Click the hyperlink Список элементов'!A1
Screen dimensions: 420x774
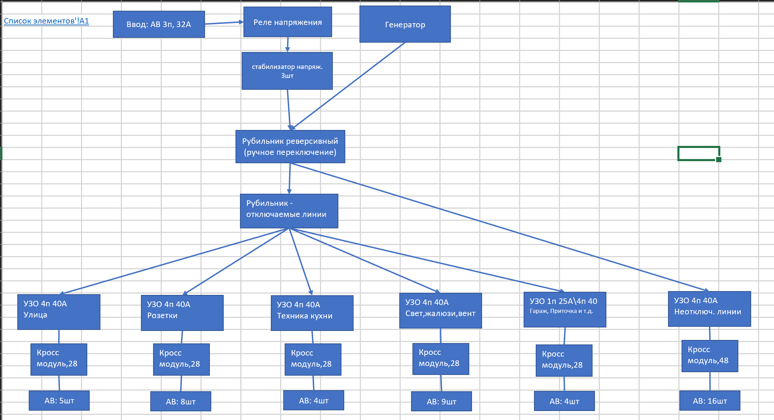pyautogui.click(x=46, y=21)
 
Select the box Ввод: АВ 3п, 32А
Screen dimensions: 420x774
pyautogui.click(x=159, y=24)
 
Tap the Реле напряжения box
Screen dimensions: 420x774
pyautogui.click(x=287, y=22)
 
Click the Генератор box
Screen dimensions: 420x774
pyautogui.click(x=405, y=25)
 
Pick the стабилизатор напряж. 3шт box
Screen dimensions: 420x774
pyautogui.click(x=287, y=71)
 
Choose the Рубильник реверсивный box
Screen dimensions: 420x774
pyautogui.click(x=290, y=147)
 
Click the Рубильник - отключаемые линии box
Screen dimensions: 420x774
pyautogui.click(x=289, y=211)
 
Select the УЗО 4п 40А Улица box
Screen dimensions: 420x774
pyautogui.click(x=59, y=312)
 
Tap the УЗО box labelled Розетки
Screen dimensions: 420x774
pyautogui.click(x=182, y=313)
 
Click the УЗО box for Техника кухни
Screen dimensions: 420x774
pyautogui.click(x=312, y=313)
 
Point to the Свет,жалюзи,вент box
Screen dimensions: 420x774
pyautogui.click(x=441, y=311)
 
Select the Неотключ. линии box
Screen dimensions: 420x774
pyautogui.click(x=709, y=309)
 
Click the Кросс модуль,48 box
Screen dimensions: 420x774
pyautogui.click(x=710, y=356)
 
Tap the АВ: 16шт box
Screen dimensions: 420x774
pyautogui.click(x=710, y=401)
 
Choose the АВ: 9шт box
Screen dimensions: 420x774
pyautogui.click(x=441, y=402)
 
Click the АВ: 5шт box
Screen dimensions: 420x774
pyautogui.click(x=59, y=401)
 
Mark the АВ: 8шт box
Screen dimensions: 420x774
pyautogui.click(x=180, y=402)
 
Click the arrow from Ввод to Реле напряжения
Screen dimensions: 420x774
pyautogui.click(x=224, y=23)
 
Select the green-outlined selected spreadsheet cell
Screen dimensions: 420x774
pyautogui.click(x=698, y=153)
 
